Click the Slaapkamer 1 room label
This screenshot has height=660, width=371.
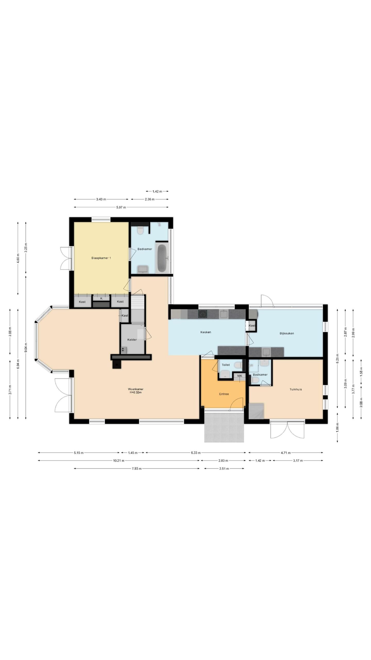click(x=101, y=258)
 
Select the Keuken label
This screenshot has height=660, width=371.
click(x=206, y=332)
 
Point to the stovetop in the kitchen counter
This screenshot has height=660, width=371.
click(x=203, y=314)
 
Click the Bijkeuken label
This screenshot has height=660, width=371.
click(x=287, y=333)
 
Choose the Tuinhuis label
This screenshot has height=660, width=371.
click(x=296, y=389)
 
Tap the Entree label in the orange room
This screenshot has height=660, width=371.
click(x=224, y=394)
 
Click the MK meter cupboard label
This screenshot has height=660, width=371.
click(x=240, y=376)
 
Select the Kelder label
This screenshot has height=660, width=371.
click(x=132, y=340)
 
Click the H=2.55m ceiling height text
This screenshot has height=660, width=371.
click(x=136, y=393)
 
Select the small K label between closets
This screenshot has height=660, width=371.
click(x=101, y=298)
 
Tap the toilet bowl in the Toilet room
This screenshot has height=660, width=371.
click(x=238, y=365)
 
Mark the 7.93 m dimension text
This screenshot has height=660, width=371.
click(x=137, y=469)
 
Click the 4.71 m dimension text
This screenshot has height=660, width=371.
click(x=285, y=453)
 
